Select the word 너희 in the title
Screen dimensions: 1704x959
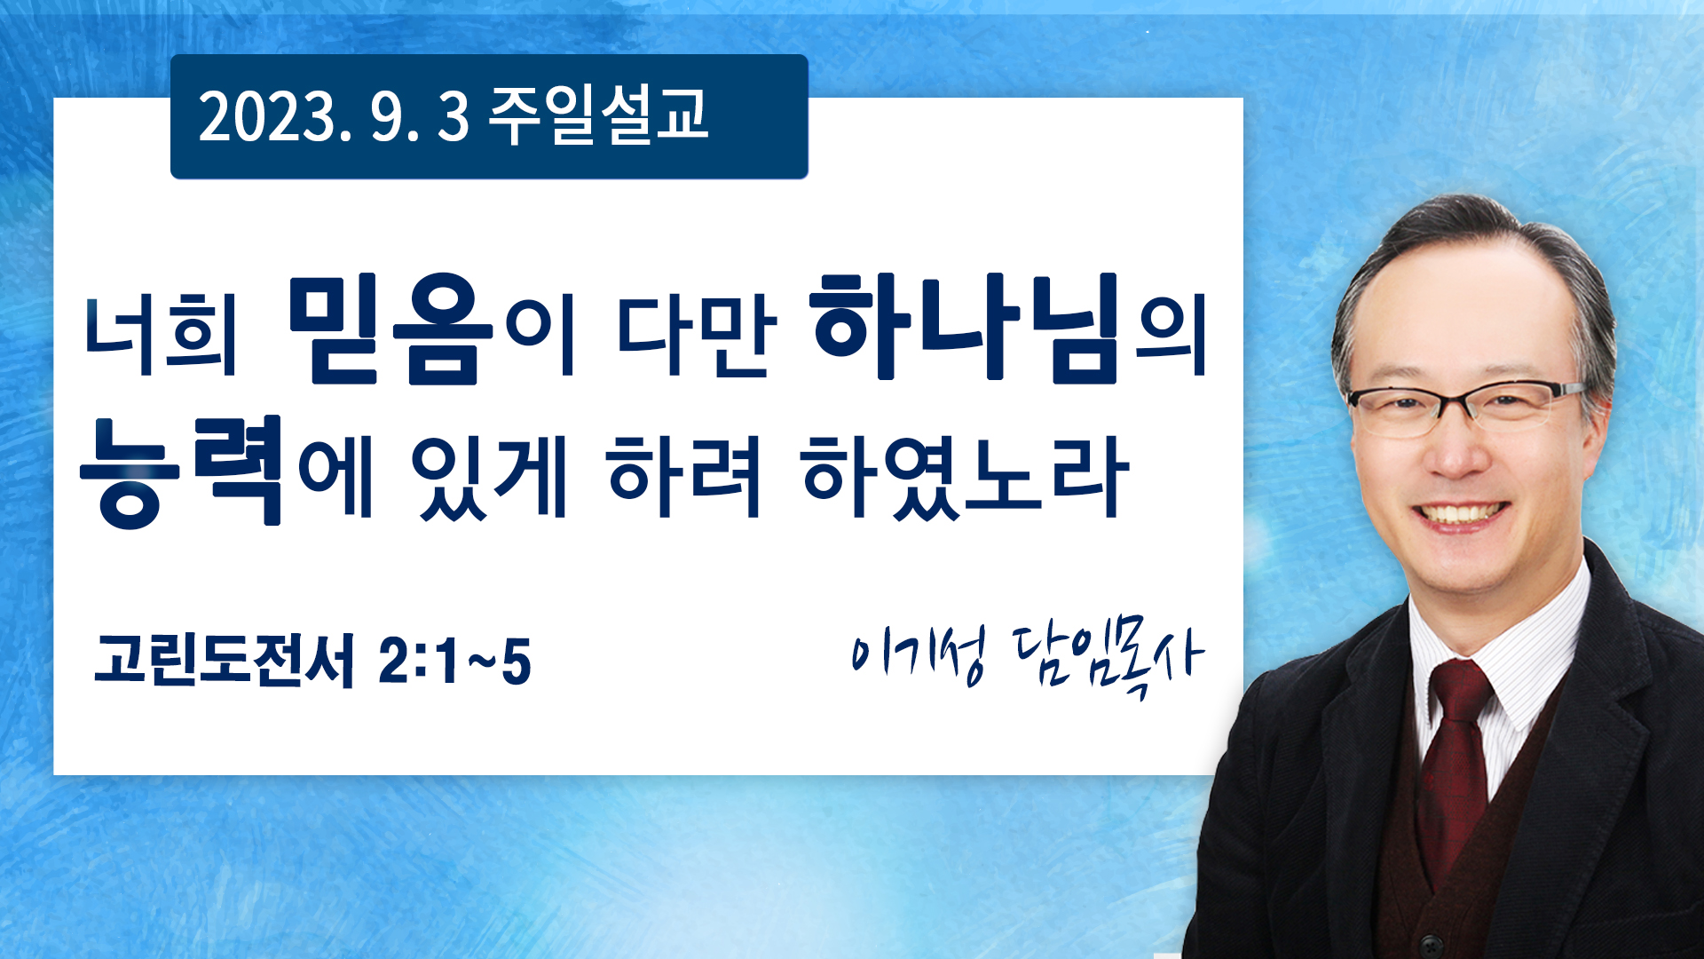pyautogui.click(x=162, y=337)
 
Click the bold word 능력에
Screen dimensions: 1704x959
pyautogui.click(x=226, y=471)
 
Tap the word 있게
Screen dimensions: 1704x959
pyautogui.click(x=488, y=476)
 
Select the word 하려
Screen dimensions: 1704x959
pyautogui.click(x=683, y=475)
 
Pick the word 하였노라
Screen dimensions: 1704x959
pyautogui.click(x=965, y=476)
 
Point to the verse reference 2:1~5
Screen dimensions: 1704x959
pyautogui.click(x=454, y=662)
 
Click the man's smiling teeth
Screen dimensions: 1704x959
pyautogui.click(x=1460, y=514)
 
